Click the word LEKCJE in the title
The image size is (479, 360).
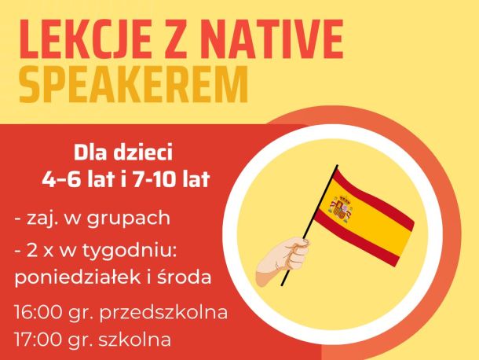pos(86,40)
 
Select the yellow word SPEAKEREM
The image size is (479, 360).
pos(133,84)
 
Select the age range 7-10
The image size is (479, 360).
pos(154,178)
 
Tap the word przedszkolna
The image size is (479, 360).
pos(163,313)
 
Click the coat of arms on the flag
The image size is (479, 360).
pos(340,208)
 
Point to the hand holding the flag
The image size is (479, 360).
pos(282,259)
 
